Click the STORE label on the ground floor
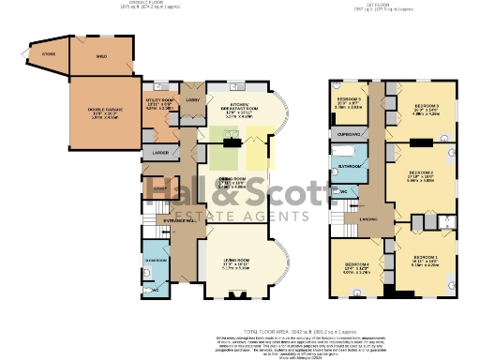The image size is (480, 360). pos(49,54)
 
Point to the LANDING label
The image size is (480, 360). pos(369,221)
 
